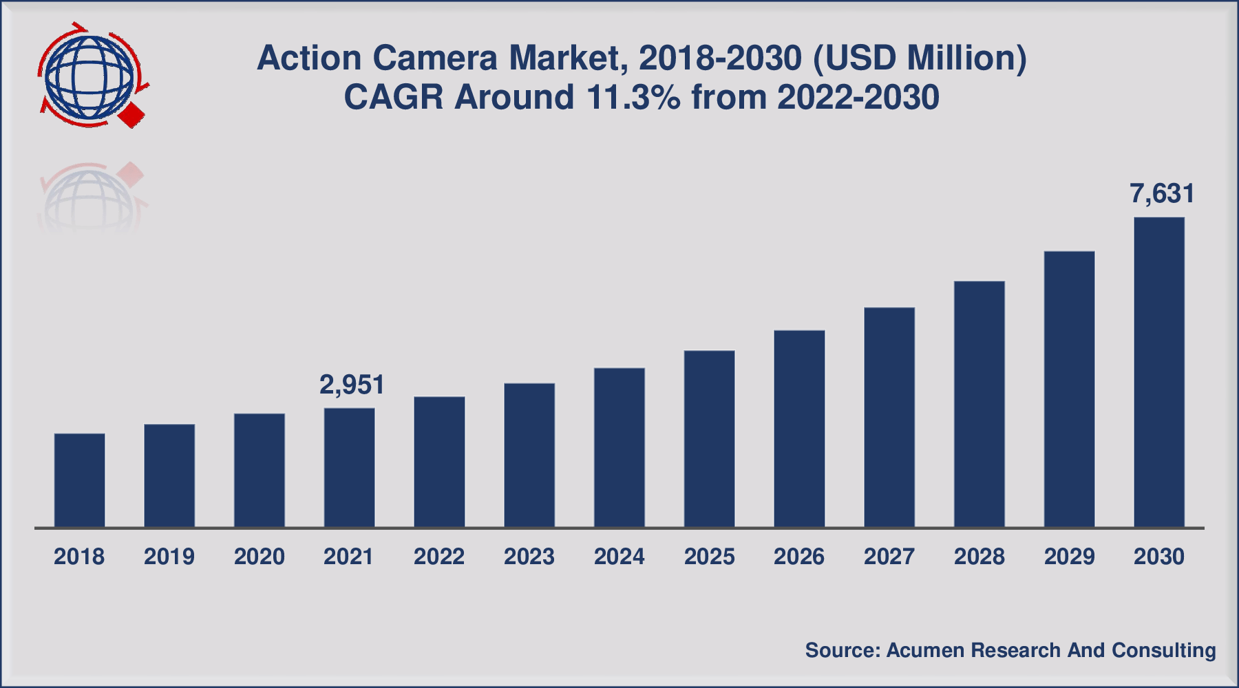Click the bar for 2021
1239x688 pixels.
click(349, 468)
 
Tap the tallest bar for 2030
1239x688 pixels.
click(1159, 372)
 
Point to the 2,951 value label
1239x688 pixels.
click(352, 385)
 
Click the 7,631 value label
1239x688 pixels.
click(1162, 194)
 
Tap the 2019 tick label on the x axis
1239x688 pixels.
click(169, 556)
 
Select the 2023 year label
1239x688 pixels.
click(529, 556)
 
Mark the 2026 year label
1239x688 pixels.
click(798, 556)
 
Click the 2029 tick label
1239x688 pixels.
click(1069, 556)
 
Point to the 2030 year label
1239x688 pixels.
click(1159, 556)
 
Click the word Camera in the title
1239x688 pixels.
click(434, 58)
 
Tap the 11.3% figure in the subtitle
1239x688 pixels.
click(633, 97)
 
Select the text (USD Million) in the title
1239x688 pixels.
click(920, 58)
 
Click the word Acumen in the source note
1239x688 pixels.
click(924, 650)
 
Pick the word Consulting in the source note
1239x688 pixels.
click(1163, 650)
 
